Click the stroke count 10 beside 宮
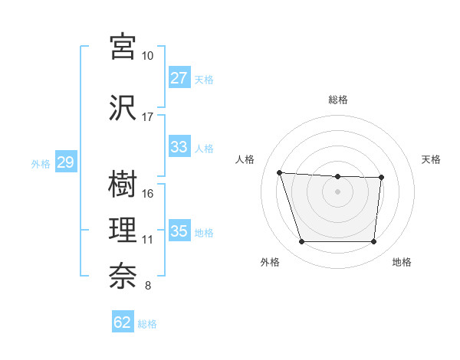pos(148,56)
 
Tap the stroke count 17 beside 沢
pos(148,117)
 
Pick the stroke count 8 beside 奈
pos(148,286)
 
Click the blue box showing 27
pos(179,78)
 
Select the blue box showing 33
pos(179,147)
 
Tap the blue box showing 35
pos(179,231)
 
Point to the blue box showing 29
pos(66,162)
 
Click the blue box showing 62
pos(123,322)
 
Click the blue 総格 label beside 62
pos(147,324)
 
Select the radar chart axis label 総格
pos(338,100)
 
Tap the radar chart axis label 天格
pos(432,159)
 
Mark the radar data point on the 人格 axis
pos(279,172)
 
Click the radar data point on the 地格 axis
pos(373,242)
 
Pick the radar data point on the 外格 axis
pos(301,242)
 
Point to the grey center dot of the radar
pos(337,191)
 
